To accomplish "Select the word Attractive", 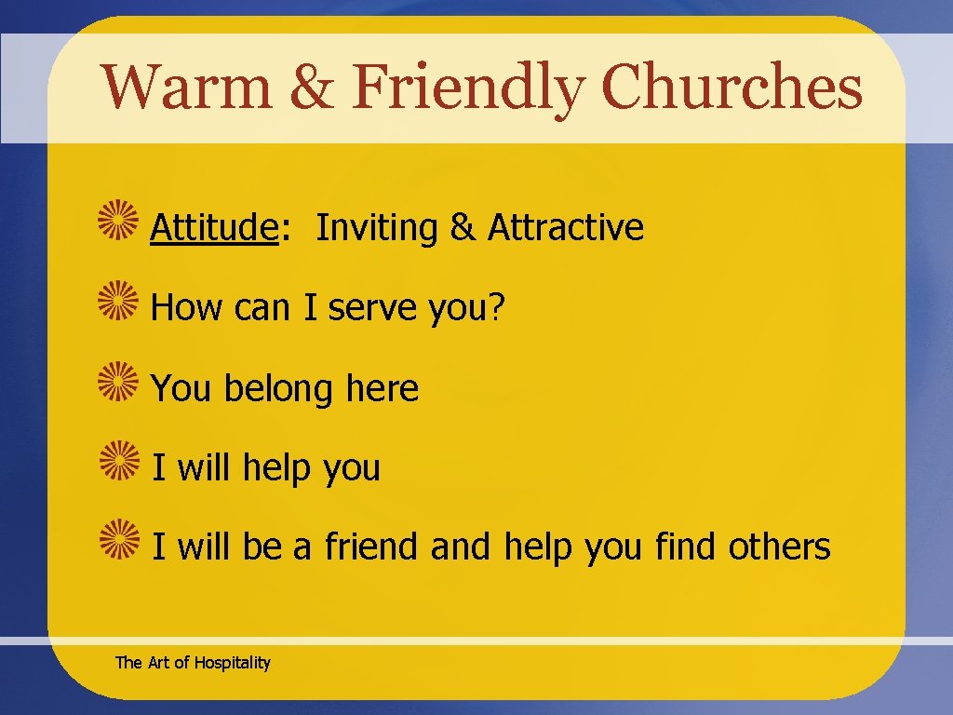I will (x=566, y=227).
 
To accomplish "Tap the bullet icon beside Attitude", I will (x=119, y=225).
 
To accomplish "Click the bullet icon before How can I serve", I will (x=119, y=305).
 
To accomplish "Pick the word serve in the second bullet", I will (x=374, y=309).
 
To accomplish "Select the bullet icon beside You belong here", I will (x=119, y=385).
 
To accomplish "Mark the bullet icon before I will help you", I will (x=119, y=465).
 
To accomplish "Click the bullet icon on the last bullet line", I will (x=119, y=545).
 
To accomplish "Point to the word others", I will (x=779, y=546).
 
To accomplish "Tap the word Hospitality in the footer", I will (x=232, y=663).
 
